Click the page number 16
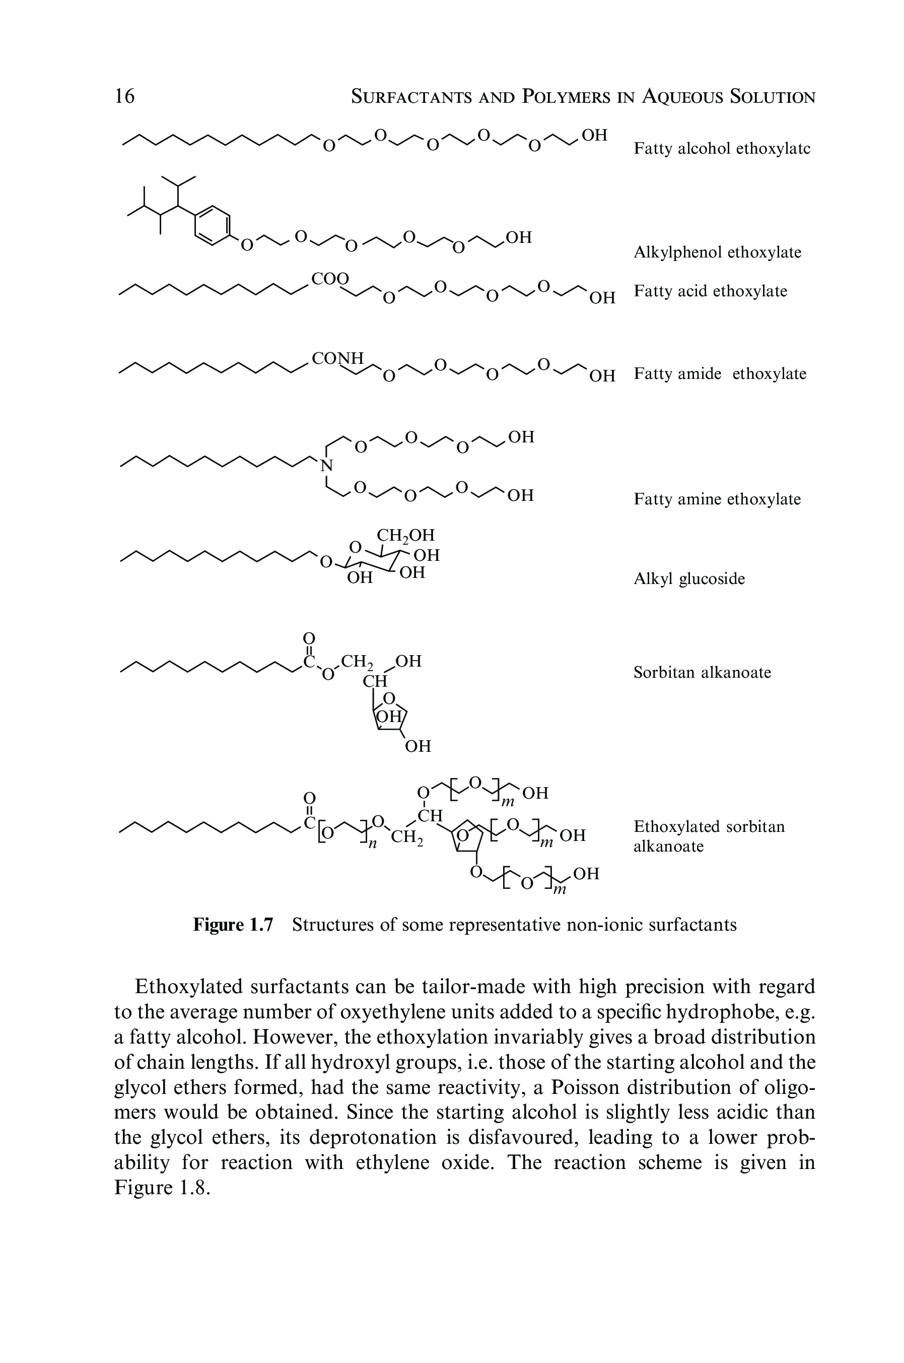pos(124,96)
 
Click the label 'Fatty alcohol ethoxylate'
pos(722,149)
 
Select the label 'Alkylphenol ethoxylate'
pos(717,252)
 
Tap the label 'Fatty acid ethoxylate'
pos(710,291)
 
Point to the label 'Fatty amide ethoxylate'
pos(720,374)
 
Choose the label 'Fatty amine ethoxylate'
pos(717,499)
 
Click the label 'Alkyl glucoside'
pos(689,578)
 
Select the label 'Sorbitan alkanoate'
pos(702,673)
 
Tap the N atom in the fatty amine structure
pos(327,466)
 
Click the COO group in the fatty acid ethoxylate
pos(330,279)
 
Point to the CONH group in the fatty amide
pos(337,359)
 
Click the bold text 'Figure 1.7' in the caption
pos(232,925)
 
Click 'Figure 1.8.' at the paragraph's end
pos(160,1188)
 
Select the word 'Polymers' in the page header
pos(566,96)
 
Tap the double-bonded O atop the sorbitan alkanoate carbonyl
pos(310,637)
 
